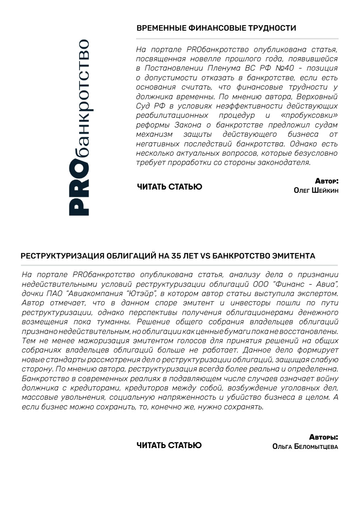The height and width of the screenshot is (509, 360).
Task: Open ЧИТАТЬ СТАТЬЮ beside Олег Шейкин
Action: tap(170, 187)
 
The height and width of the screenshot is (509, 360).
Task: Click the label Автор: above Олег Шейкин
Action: tap(326, 181)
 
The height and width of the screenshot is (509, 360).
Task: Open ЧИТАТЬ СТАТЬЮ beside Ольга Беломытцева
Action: tap(169, 445)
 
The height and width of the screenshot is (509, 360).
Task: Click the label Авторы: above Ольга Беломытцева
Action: tap(324, 437)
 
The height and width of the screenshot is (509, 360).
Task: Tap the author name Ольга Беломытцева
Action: tap(306, 446)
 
